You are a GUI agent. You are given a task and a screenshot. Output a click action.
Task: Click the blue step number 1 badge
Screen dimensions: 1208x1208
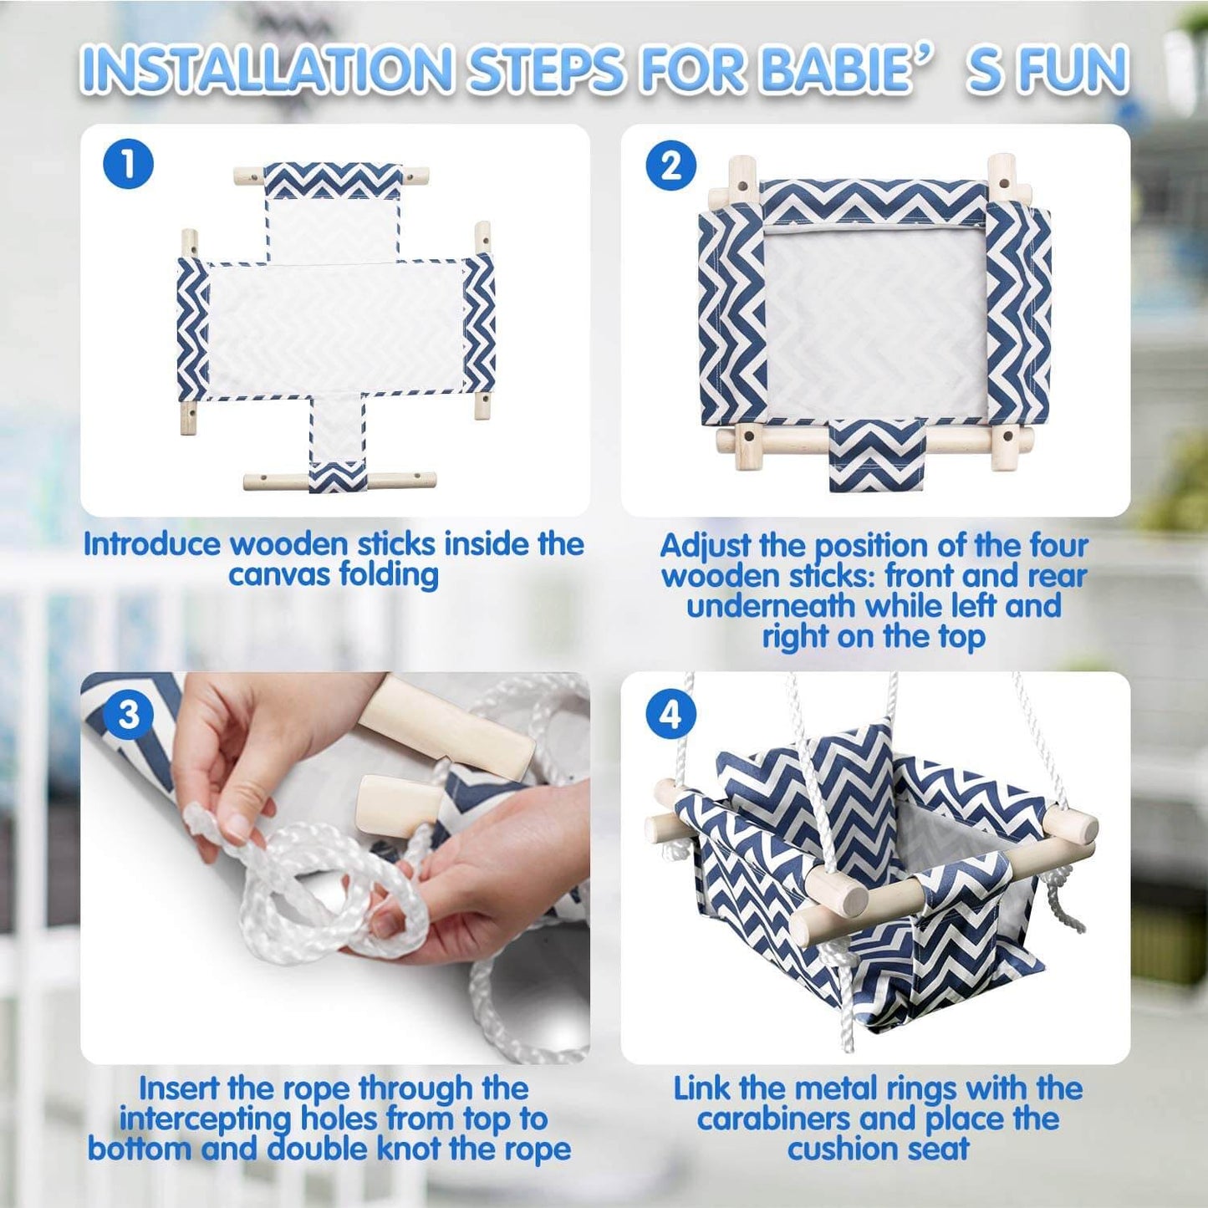coord(128,164)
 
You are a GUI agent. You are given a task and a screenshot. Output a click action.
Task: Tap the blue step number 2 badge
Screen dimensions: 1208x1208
coord(671,166)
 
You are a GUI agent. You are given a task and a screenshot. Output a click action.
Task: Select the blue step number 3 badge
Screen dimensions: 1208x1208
coord(128,715)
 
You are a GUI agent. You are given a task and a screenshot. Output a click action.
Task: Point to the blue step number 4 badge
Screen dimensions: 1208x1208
coord(671,715)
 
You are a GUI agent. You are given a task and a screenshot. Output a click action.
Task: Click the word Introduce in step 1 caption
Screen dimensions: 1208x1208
coord(151,544)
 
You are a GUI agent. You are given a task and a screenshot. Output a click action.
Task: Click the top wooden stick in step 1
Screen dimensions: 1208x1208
coord(248,177)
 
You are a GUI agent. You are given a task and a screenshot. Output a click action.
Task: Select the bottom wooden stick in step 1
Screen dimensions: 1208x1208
coord(276,482)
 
